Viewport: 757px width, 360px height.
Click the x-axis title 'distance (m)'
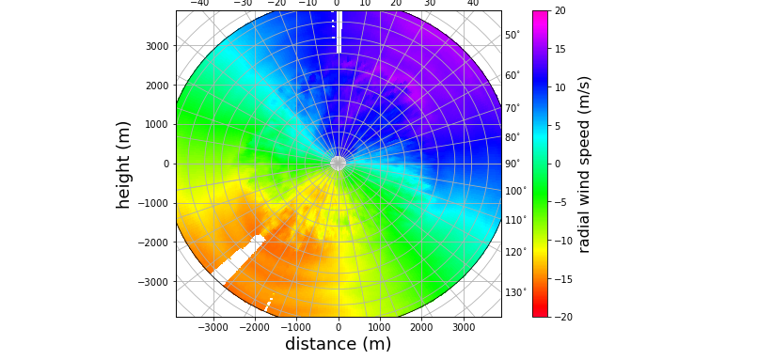(x=338, y=344)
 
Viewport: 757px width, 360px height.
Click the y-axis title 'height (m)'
(x=123, y=164)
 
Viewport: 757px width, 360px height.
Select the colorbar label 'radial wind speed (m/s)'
(x=584, y=164)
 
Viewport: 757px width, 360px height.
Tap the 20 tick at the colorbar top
(x=560, y=11)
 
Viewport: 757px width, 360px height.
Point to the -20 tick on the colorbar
(x=562, y=317)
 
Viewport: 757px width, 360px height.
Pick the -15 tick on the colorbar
(x=562, y=278)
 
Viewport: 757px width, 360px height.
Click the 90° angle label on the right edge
(x=513, y=164)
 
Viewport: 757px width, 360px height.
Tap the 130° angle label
(x=515, y=293)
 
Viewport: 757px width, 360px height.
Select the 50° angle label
(x=513, y=36)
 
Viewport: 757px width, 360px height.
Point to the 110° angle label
(x=515, y=221)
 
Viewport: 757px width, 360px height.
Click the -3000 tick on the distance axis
(x=213, y=328)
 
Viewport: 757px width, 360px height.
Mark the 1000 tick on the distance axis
(x=380, y=328)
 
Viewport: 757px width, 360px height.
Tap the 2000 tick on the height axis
(x=156, y=86)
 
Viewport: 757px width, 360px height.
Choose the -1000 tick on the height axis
(x=154, y=203)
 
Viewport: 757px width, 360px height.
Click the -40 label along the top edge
(x=199, y=4)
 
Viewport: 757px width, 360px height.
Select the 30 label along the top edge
(x=430, y=4)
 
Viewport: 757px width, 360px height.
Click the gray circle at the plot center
(x=339, y=164)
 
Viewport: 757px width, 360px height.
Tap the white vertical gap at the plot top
(x=339, y=34)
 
